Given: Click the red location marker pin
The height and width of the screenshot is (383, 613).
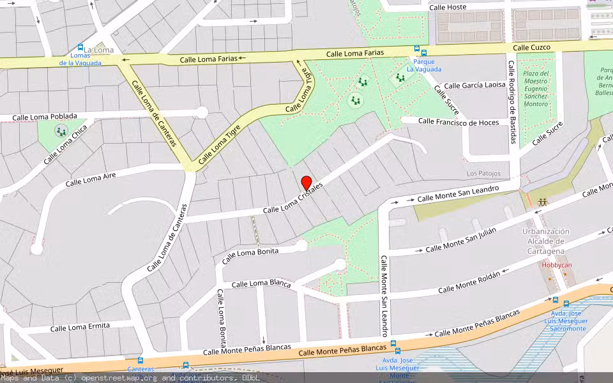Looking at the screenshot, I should coord(306,182).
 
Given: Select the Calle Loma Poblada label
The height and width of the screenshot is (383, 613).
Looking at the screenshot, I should coord(45,117).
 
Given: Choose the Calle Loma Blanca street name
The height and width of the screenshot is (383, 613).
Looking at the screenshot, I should coord(261,283).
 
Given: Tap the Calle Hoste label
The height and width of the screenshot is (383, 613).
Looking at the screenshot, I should coord(448,7).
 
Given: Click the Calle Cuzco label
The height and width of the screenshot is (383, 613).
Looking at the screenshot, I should coord(531,47).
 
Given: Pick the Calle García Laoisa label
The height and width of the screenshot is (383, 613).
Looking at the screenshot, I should coord(474,85).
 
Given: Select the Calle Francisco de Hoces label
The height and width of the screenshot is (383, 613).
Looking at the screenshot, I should coord(458,121).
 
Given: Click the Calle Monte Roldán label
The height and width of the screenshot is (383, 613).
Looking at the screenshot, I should coord(469,282).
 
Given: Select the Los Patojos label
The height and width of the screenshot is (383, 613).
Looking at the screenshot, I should coord(483,174).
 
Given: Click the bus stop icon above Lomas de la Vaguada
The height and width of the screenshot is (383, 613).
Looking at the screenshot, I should coord(80,47).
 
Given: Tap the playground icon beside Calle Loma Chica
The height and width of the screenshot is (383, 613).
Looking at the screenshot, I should coord(61,131).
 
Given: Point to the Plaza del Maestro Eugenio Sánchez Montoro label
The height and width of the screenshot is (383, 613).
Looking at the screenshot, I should coord(536,89).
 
